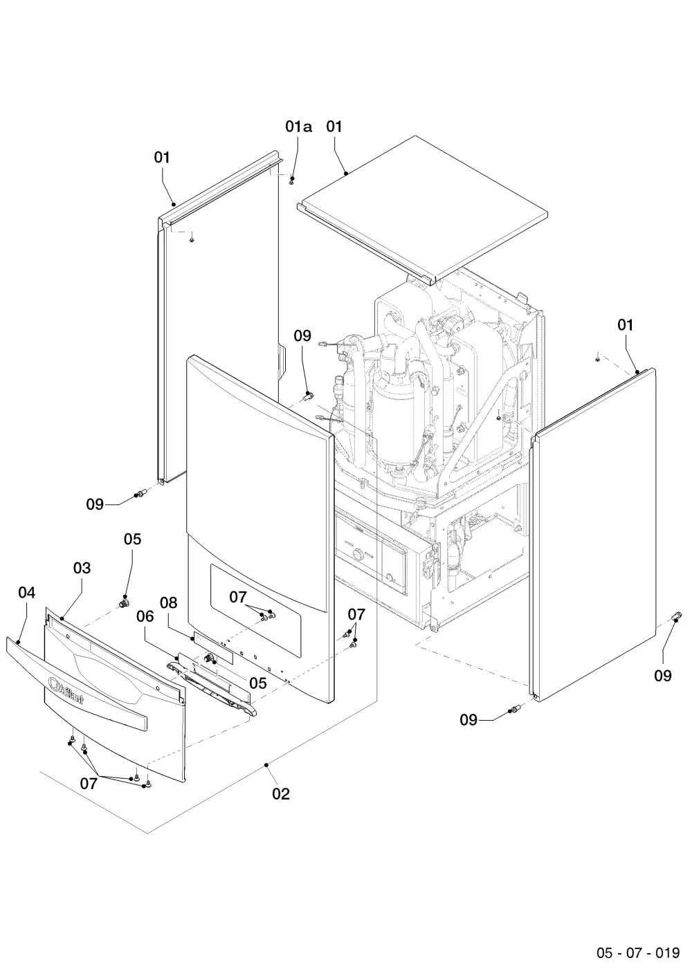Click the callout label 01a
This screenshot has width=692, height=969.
pos(298,127)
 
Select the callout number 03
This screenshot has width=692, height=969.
pos(82,568)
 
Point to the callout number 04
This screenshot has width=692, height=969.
pos(26,593)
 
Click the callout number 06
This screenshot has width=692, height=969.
pos(145,616)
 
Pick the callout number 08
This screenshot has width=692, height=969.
pos(168,602)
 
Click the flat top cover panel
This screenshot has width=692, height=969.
pos(422,210)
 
